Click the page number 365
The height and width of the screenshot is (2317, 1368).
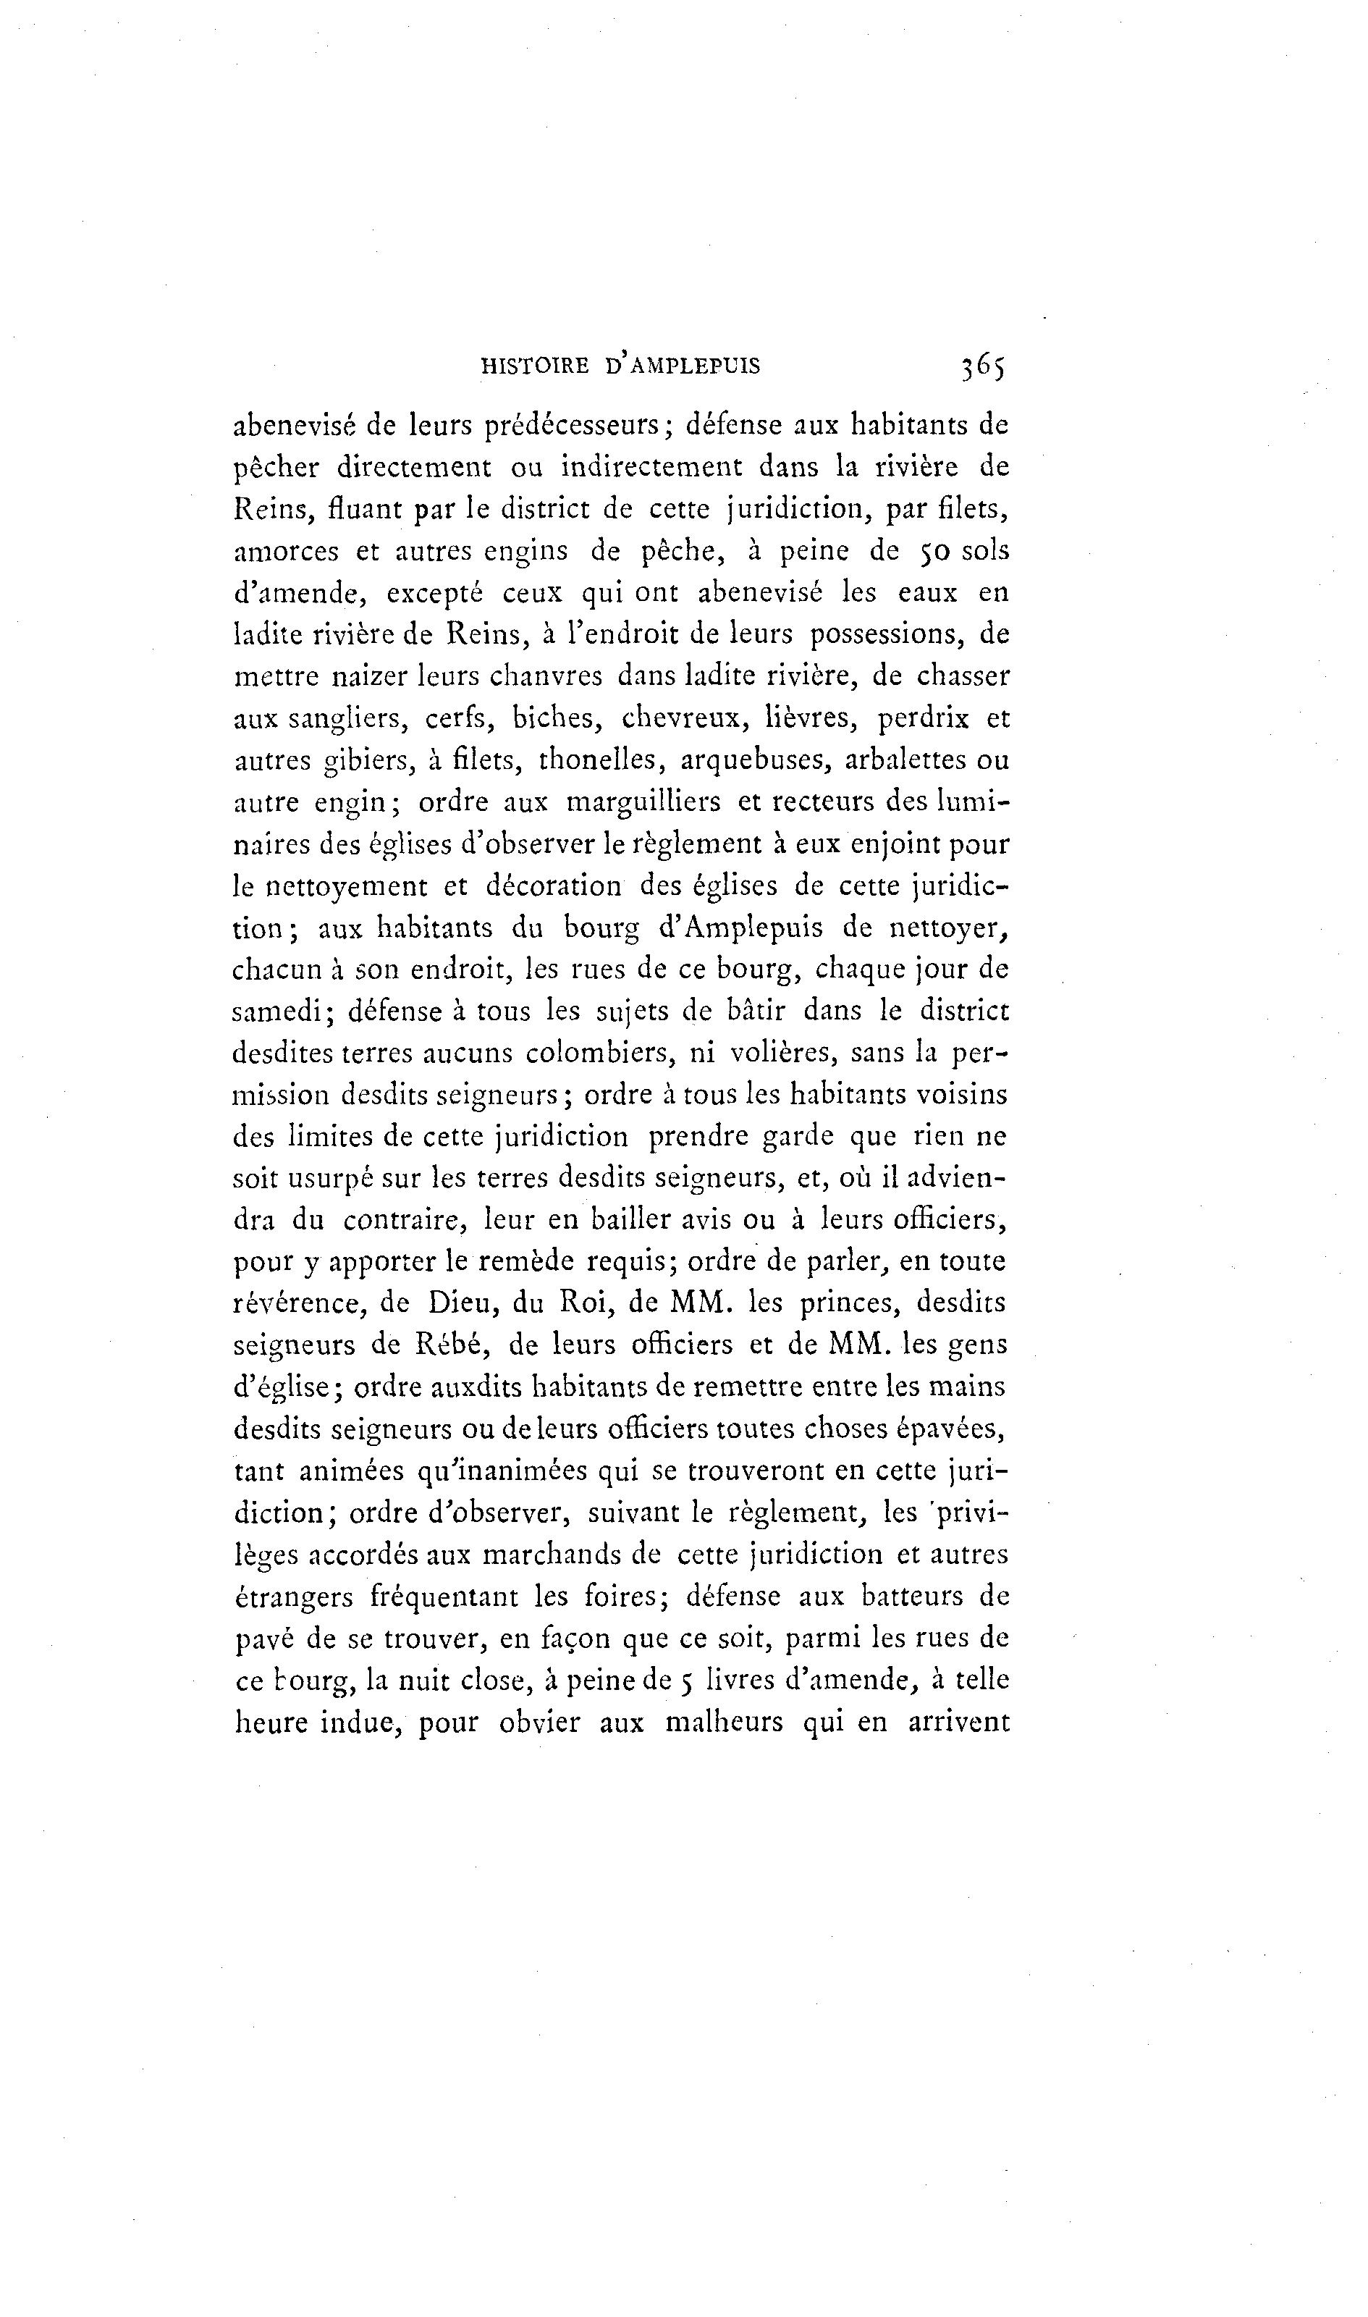pos(983,367)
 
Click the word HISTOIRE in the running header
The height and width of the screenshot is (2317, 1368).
pos(535,367)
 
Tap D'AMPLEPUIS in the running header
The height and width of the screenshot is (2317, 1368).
pos(683,367)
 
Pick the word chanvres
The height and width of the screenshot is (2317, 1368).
pos(546,677)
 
